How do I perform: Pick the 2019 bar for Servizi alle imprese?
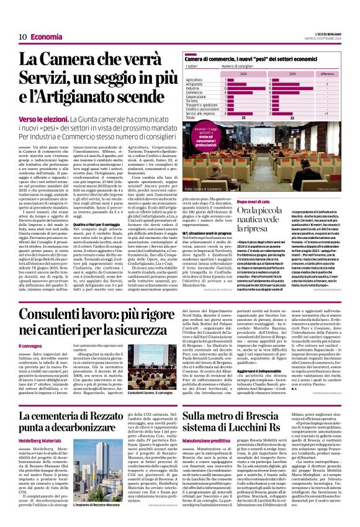coord(289,114)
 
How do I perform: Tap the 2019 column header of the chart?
coord(291,73)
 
